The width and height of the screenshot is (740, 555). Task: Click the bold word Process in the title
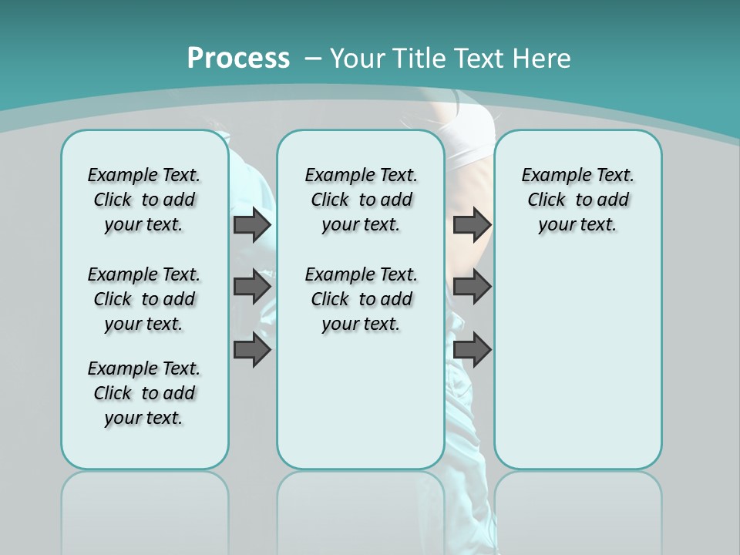[238, 59]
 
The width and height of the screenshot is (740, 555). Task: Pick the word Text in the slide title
[478, 59]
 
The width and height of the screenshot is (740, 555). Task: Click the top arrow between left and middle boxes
[252, 224]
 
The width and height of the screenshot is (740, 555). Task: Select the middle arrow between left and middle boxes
[252, 287]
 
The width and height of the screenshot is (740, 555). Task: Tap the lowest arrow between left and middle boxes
[252, 350]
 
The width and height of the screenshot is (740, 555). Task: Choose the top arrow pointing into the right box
[472, 224]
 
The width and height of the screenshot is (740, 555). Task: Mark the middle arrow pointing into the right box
[472, 287]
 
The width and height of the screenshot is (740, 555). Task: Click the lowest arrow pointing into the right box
[472, 350]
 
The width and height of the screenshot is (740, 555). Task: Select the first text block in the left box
[144, 200]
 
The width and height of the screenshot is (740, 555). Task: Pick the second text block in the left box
[144, 299]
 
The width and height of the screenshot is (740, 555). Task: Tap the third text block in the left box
[144, 393]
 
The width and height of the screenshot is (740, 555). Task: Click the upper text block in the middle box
[361, 200]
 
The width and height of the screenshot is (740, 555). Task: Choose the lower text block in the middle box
[361, 299]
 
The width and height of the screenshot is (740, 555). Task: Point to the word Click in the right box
[547, 200]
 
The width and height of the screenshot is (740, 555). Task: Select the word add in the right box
[614, 200]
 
